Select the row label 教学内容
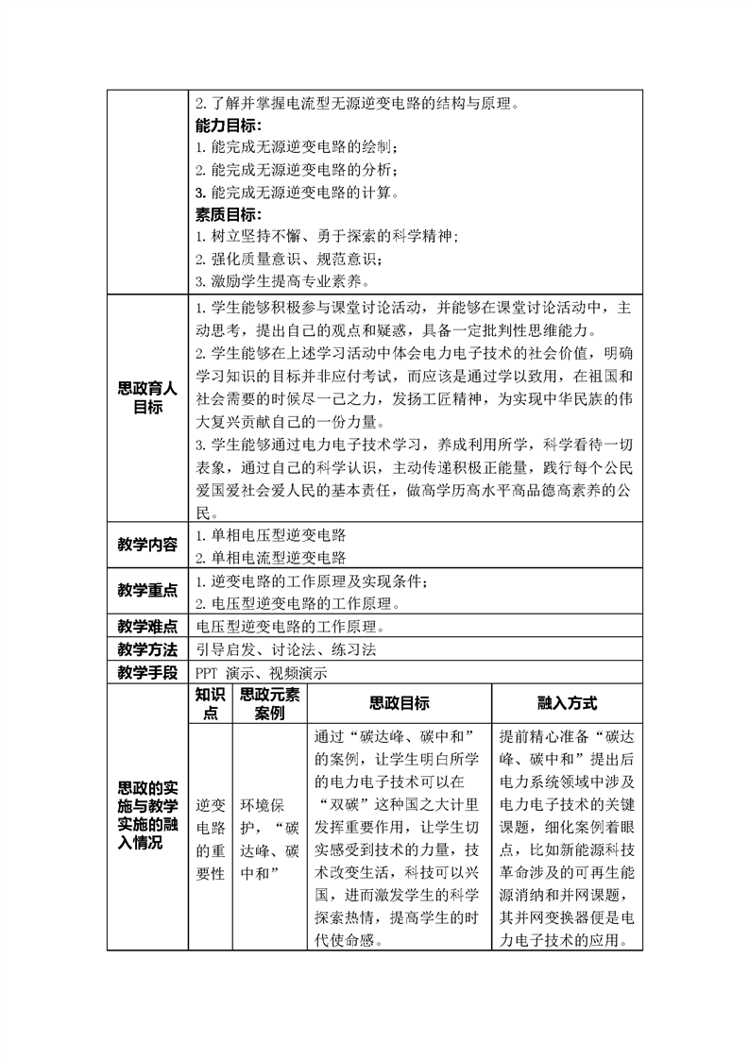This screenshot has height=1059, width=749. click(147, 545)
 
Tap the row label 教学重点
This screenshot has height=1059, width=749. click(147, 590)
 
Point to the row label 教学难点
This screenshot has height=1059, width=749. click(147, 626)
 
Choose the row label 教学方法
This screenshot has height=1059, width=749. click(147, 649)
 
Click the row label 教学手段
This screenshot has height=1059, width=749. click(147, 673)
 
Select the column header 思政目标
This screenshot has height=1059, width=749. click(399, 704)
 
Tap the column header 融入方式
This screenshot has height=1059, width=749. click(567, 704)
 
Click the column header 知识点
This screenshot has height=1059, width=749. click(209, 704)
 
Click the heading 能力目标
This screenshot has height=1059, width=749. click(228, 126)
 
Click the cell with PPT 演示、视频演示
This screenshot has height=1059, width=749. click(261, 673)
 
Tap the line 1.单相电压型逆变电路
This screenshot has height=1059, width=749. click(270, 534)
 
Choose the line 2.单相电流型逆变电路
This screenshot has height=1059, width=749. click(270, 557)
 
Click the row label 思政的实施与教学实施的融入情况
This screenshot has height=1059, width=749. click(147, 815)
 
